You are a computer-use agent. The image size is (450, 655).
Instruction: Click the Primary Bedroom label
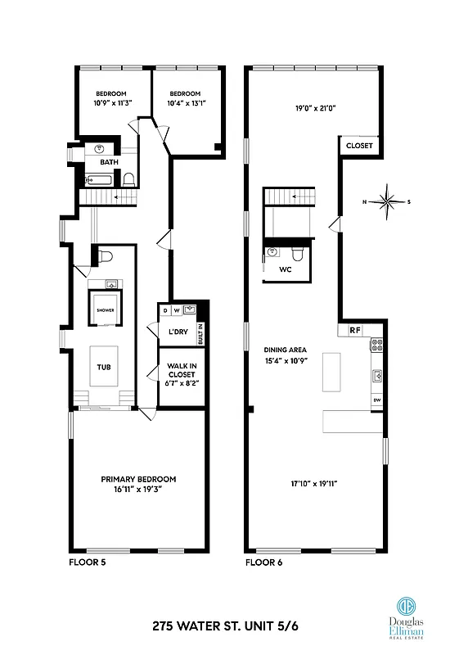click(x=138, y=485)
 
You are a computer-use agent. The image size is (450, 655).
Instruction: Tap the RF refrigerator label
click(x=354, y=331)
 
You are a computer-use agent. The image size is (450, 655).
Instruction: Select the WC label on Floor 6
click(x=286, y=269)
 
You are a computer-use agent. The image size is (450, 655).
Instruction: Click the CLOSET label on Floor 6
click(x=358, y=146)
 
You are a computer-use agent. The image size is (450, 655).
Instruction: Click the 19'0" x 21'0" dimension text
click(x=315, y=107)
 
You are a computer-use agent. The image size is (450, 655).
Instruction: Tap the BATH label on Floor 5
click(x=109, y=162)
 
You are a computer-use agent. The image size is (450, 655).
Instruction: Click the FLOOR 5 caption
click(x=87, y=563)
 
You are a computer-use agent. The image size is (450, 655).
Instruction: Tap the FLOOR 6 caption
click(x=263, y=563)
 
